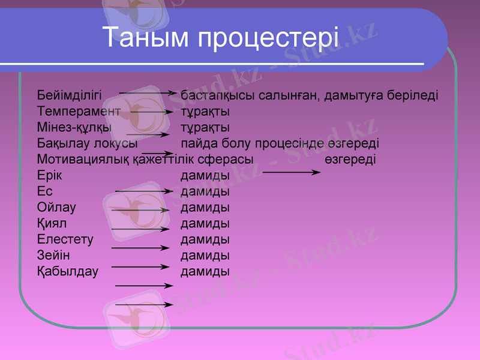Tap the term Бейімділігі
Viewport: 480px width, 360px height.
[x=69, y=95]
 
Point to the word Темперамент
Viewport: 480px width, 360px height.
[x=79, y=112]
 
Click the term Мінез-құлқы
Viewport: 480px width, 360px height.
[x=73, y=128]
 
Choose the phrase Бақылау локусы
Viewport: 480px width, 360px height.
[x=88, y=144]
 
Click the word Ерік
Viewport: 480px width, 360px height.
[x=49, y=176]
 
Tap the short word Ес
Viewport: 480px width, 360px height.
[x=45, y=192]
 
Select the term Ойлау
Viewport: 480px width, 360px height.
[x=56, y=208]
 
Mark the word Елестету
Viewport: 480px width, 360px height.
[x=65, y=240]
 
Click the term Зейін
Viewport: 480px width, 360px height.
[x=53, y=256]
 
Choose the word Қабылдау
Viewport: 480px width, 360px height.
[x=67, y=272]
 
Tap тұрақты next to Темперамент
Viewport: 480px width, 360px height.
[x=205, y=112]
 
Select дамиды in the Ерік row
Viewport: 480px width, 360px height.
[x=205, y=176]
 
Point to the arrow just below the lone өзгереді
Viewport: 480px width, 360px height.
[x=292, y=173]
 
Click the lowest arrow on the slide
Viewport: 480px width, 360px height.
[x=144, y=305]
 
